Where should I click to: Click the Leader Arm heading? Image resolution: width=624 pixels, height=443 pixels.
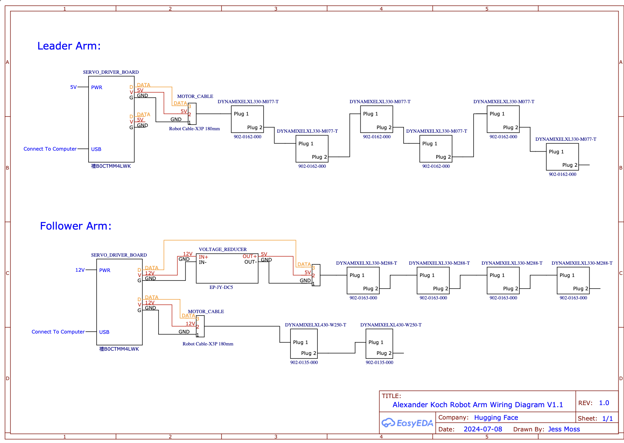coord(69,46)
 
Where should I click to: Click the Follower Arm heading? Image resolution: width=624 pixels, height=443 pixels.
coord(76,226)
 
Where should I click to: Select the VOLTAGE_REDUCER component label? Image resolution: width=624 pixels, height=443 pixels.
coord(223,250)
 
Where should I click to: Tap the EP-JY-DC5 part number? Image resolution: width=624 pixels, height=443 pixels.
coord(221,287)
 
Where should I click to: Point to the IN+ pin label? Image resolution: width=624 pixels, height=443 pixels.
coord(204,257)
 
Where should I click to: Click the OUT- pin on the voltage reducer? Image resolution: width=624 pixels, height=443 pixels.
coord(250,262)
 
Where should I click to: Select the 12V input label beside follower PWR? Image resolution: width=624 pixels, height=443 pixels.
coord(80,270)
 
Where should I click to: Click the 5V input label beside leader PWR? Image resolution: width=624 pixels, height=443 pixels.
coord(73,87)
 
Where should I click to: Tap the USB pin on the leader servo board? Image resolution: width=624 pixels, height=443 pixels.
coord(96,149)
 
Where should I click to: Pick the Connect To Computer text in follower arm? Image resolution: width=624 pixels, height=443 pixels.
coord(58,332)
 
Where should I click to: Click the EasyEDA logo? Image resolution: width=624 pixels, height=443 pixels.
coord(407,423)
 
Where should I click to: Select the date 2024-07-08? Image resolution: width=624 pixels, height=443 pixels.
coord(483,429)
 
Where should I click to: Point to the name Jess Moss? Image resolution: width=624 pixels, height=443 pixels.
coord(564,429)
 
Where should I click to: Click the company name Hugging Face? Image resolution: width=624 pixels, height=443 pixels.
coord(496,417)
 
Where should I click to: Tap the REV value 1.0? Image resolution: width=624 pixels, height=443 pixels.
coord(604,403)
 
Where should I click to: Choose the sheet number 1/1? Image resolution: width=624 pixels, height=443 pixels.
coord(607,418)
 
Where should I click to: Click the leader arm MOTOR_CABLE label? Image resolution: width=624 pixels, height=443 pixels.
coord(195,97)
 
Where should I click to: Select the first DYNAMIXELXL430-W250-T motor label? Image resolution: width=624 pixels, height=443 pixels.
coord(315,325)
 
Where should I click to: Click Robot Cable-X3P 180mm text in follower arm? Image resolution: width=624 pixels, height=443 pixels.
coord(208,344)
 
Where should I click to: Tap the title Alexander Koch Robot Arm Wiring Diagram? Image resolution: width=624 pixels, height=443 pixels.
coord(477,405)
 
